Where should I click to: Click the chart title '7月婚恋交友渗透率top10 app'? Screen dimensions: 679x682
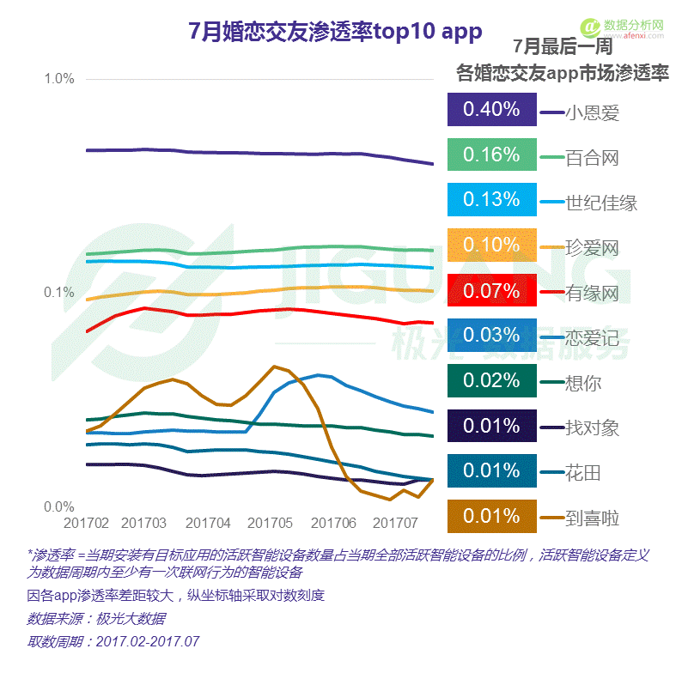[335, 32]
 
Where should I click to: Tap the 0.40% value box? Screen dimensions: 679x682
[491, 109]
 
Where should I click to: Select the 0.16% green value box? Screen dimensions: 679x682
[491, 155]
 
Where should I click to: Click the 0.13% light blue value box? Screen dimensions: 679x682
[491, 199]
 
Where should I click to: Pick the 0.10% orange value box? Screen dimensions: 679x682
[491, 245]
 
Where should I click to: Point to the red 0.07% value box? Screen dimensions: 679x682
[491, 290]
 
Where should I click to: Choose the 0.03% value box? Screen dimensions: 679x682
[491, 335]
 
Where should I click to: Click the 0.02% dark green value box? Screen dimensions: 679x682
[491, 380]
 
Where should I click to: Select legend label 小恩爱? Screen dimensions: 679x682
[592, 112]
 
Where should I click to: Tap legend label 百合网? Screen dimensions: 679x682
[592, 158]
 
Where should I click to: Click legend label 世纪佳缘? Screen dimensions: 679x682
[601, 203]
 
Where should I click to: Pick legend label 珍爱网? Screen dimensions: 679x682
[592, 248]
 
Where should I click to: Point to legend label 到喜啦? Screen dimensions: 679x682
[592, 518]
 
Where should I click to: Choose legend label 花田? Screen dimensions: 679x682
[582, 473]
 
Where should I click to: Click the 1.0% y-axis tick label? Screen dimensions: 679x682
[59, 79]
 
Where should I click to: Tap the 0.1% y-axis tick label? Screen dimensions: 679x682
[59, 293]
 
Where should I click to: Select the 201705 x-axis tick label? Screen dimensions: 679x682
[271, 523]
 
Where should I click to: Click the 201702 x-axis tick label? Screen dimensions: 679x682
[86, 523]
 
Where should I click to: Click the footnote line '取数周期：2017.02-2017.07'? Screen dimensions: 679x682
[113, 641]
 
